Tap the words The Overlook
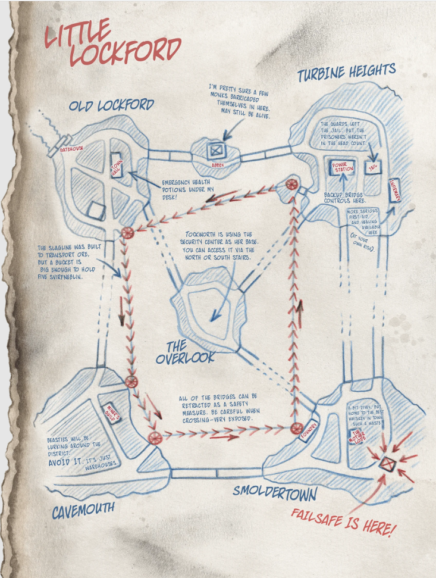coord(186,352)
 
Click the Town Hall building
coord(117,165)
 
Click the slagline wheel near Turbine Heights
coord(291,185)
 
